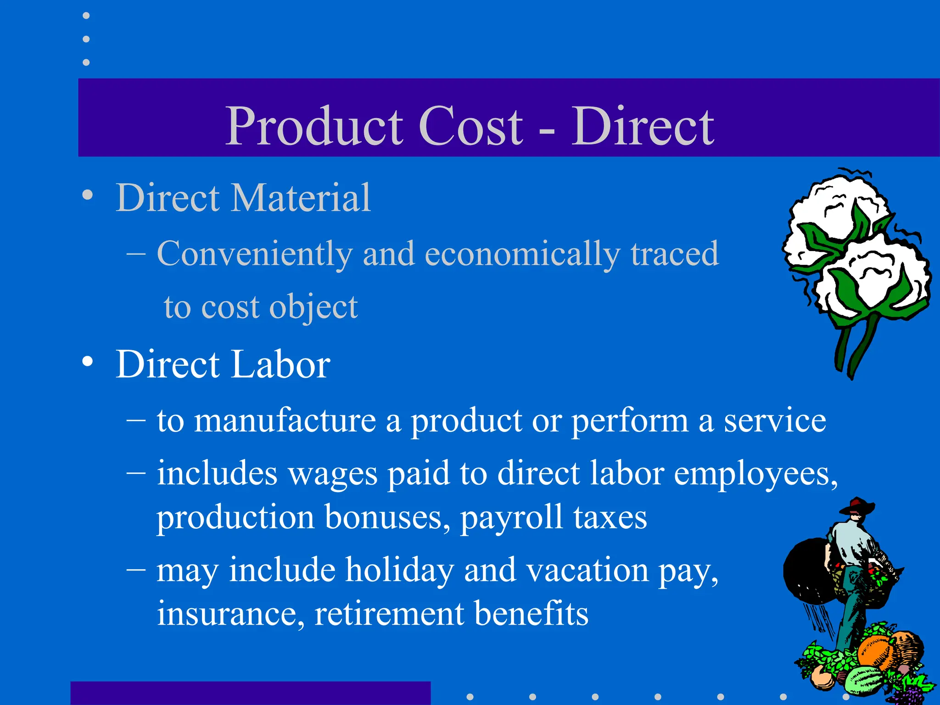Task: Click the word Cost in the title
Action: coord(470,126)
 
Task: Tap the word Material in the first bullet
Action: coord(301,198)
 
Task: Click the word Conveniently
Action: coord(255,254)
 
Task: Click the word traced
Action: coord(674,253)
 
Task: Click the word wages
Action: coord(332,474)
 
